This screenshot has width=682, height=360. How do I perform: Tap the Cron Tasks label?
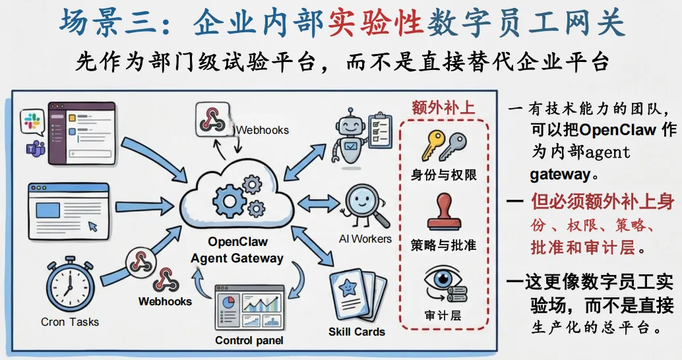pos(70,322)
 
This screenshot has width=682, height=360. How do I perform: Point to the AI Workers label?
pos(365,239)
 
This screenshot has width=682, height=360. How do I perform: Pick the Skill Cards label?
pos(356,332)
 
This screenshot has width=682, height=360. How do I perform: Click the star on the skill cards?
pos(348,286)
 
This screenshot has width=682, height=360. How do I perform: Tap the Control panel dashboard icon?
pos(249,309)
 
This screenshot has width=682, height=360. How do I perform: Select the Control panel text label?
pos(249,341)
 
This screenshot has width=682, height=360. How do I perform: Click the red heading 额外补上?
pos(443,107)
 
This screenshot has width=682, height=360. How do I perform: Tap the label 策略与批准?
pos(443,245)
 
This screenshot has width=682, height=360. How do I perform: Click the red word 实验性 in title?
pos(375,23)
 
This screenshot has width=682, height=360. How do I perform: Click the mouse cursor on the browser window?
pos(93,225)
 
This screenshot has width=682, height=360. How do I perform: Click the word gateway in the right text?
pos(559,175)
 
